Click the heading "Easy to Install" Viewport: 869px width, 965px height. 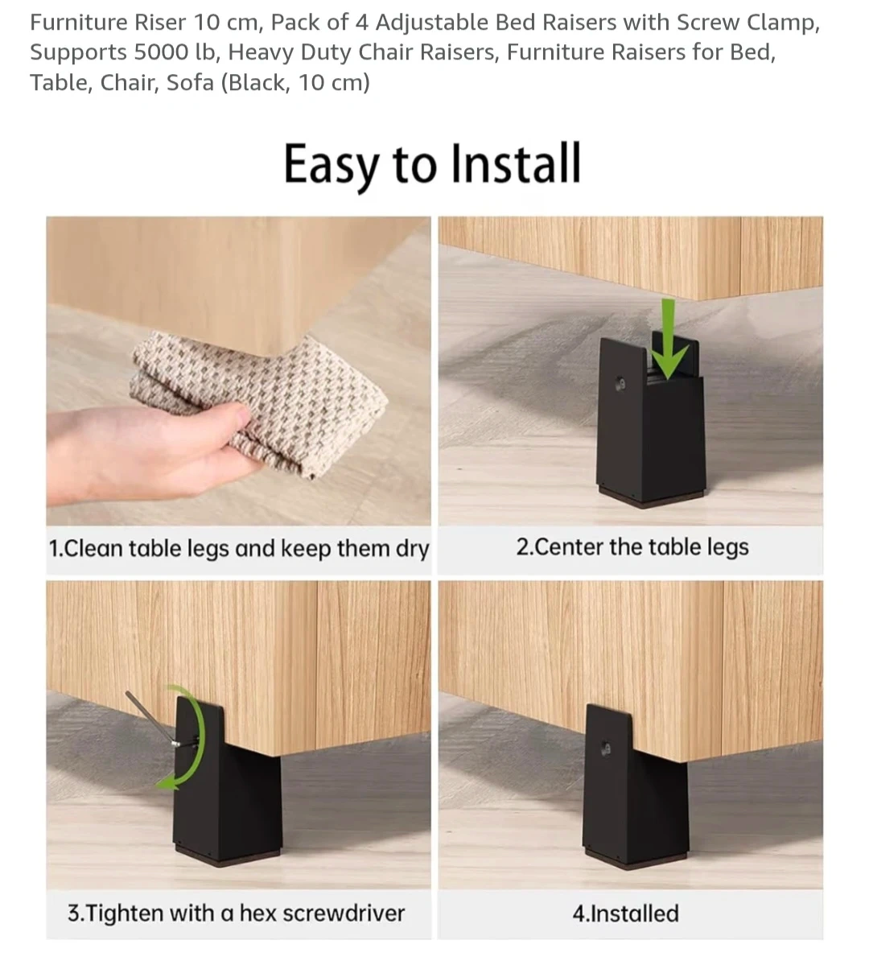coord(431,164)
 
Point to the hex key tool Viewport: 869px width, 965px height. coord(153,719)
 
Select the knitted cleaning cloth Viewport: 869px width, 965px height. coord(258,401)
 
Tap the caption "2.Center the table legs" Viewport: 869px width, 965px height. coord(632,546)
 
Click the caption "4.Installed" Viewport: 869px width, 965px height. coord(625,913)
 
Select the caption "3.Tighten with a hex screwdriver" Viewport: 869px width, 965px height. coord(237,913)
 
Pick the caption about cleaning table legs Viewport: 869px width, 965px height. coord(239,548)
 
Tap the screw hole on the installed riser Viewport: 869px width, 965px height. coord(606,748)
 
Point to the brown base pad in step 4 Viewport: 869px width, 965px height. coord(636,860)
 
